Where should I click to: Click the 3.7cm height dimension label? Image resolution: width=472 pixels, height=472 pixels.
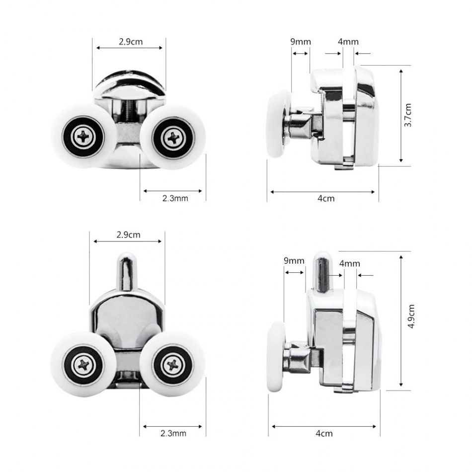click(x=408, y=115)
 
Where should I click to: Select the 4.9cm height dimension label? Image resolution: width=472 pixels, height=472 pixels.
click(x=411, y=316)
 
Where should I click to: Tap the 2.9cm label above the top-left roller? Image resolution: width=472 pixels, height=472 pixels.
click(x=130, y=42)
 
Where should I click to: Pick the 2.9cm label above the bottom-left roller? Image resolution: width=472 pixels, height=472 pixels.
click(x=128, y=235)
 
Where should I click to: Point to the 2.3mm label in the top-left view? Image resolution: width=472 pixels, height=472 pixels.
click(x=175, y=198)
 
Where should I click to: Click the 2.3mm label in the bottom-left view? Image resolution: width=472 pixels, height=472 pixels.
click(x=173, y=433)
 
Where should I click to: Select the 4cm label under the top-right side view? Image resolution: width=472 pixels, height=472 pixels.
click(x=326, y=198)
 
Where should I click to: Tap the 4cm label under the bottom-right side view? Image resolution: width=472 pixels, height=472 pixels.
click(x=324, y=433)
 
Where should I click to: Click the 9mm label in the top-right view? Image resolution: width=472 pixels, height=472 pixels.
click(x=301, y=42)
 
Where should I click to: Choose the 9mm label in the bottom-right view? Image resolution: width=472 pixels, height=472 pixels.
click(x=294, y=261)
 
